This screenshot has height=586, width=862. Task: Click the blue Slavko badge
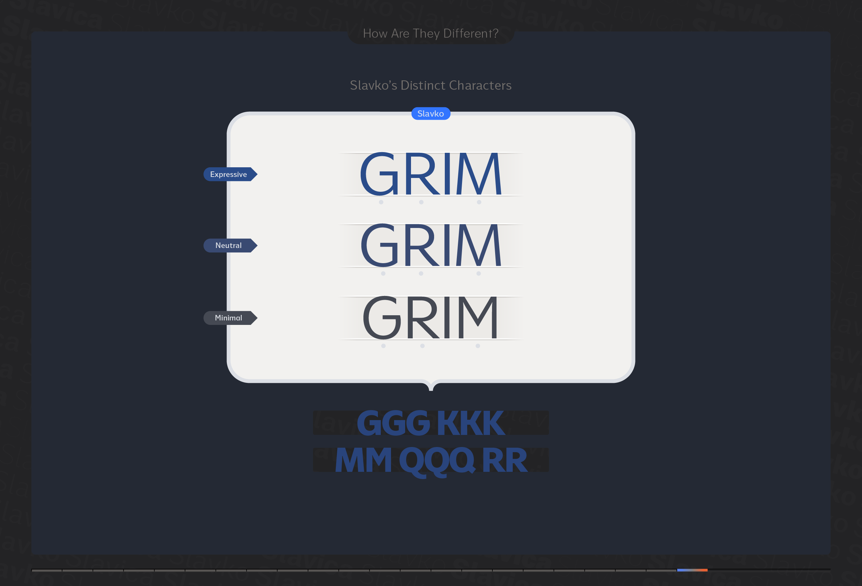pyautogui.click(x=431, y=113)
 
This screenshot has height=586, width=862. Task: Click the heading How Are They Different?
pyautogui.click(x=431, y=33)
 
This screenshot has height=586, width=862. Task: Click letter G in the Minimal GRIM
pyautogui.click(x=382, y=317)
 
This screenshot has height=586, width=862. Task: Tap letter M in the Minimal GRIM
pyautogui.click(x=478, y=317)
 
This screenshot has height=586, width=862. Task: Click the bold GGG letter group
pyautogui.click(x=393, y=423)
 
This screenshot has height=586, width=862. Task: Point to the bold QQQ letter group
pyautogui.click(x=437, y=461)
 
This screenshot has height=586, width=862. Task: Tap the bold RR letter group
pyautogui.click(x=504, y=460)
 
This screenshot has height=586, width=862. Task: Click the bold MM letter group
pyautogui.click(x=363, y=460)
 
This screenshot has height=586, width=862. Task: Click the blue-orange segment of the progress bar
pyautogui.click(x=692, y=570)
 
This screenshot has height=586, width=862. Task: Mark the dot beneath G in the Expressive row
pyautogui.click(x=381, y=202)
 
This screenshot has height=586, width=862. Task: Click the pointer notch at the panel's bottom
pyautogui.click(x=431, y=386)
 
